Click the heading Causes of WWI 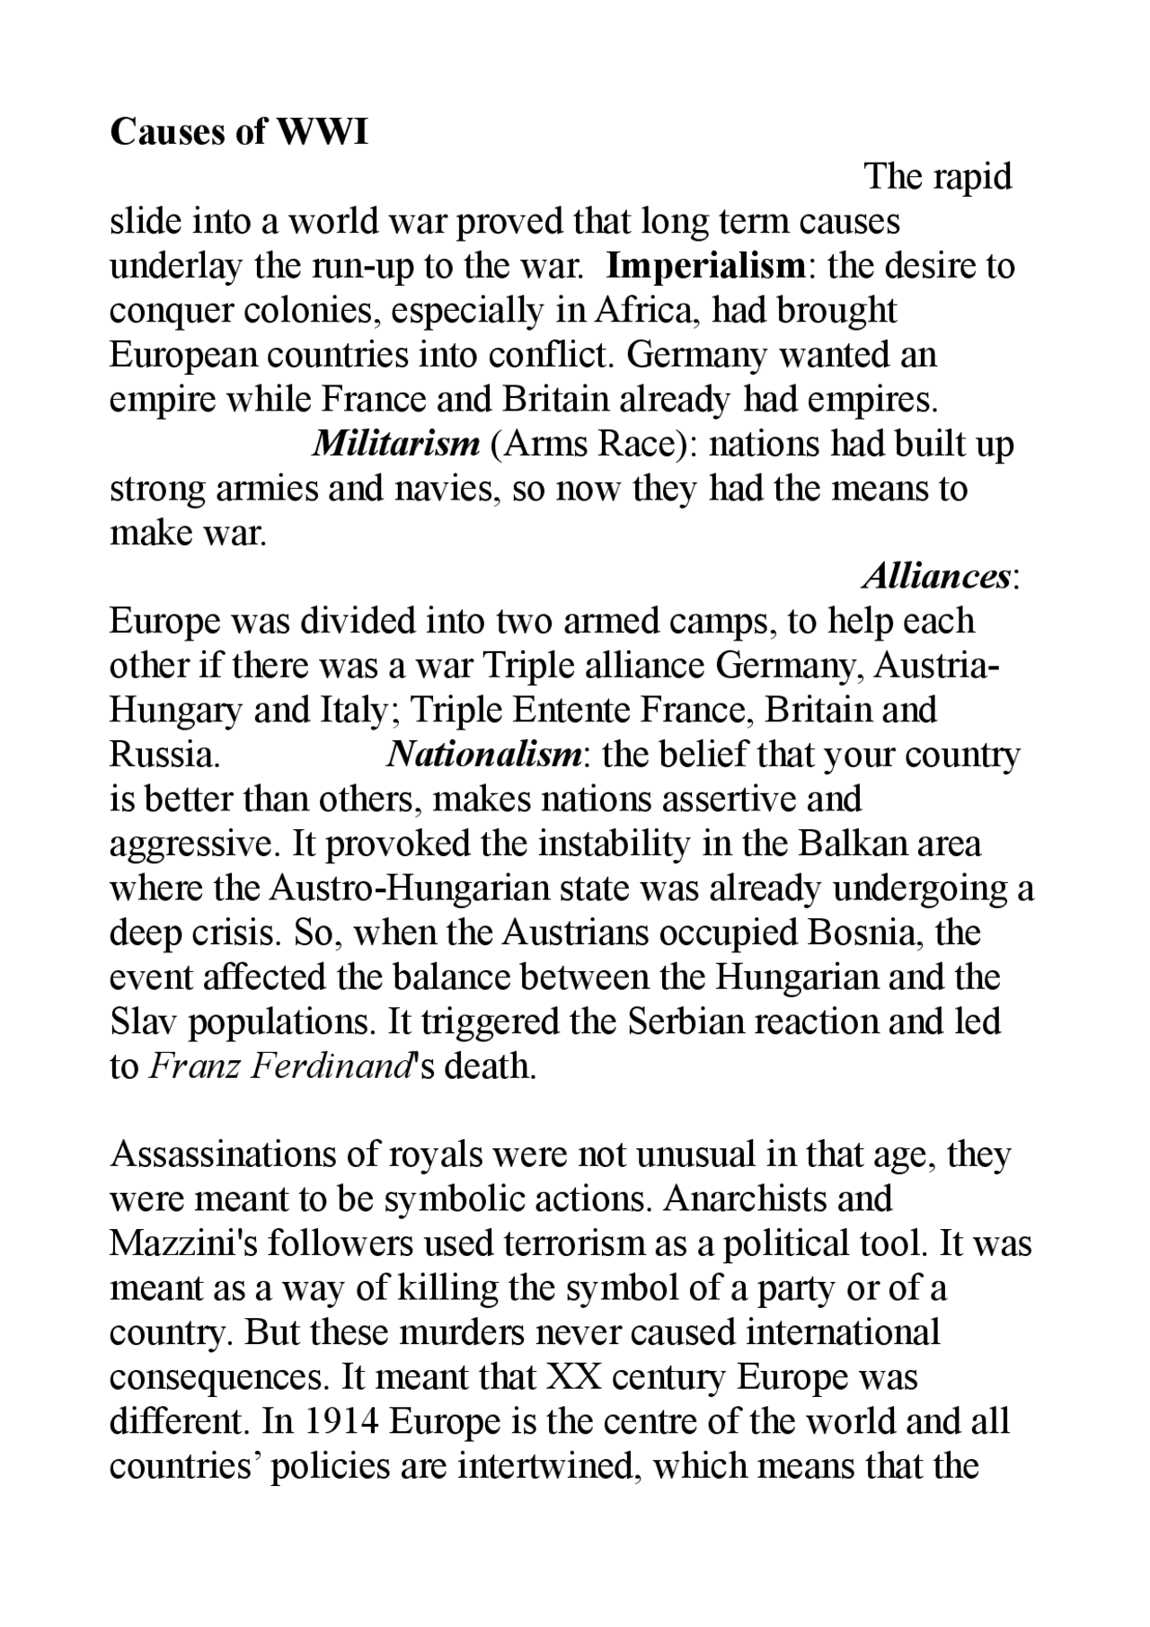click(x=239, y=132)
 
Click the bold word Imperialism click(x=705, y=266)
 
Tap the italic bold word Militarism click(x=395, y=444)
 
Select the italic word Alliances click(x=936, y=576)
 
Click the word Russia click(x=164, y=755)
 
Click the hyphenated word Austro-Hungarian click(x=409, y=889)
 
